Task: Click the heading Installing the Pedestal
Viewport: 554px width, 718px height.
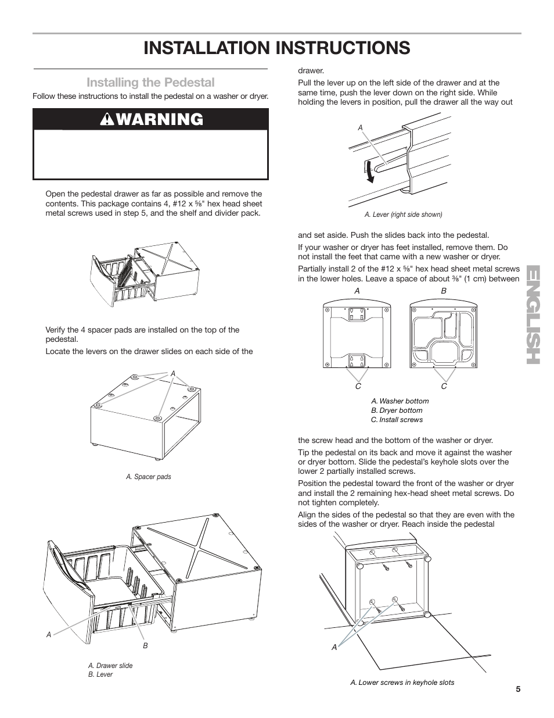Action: [150, 83]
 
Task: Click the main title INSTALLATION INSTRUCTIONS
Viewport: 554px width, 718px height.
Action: [277, 48]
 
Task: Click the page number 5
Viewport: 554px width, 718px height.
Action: [517, 690]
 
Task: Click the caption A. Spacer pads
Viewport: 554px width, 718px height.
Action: [149, 477]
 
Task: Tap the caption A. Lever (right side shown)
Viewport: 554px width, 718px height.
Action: [403, 215]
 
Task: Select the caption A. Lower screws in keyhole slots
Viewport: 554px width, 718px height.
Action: [402, 683]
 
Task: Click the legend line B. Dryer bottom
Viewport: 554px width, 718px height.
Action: [397, 410]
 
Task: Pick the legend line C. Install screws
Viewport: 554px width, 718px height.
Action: [397, 420]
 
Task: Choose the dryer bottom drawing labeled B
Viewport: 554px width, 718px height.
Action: [444, 335]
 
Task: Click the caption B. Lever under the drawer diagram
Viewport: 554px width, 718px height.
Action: [100, 674]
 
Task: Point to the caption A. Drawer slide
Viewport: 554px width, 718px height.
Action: [110, 666]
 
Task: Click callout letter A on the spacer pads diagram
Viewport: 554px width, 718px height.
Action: [172, 373]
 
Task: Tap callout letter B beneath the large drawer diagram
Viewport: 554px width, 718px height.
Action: [145, 645]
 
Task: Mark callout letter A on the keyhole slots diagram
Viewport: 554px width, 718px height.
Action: [334, 648]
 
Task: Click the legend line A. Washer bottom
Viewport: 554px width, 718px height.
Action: [400, 401]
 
